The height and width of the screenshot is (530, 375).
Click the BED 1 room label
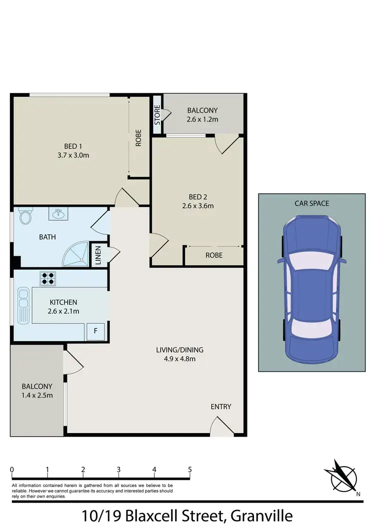coord(73,146)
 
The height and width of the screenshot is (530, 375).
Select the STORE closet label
coord(157,115)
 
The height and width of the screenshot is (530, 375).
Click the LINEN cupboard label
coord(98,256)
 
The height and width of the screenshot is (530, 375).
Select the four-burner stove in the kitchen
coord(47,278)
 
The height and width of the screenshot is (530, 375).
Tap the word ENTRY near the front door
coord(220,407)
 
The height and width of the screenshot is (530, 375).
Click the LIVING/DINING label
coord(179,350)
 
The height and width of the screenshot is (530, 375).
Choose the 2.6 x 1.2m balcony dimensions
coord(202,119)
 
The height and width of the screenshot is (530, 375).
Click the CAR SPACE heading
coord(311,203)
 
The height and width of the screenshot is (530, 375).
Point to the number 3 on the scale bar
coord(118,469)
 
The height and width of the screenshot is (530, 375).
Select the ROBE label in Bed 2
coord(213,255)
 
